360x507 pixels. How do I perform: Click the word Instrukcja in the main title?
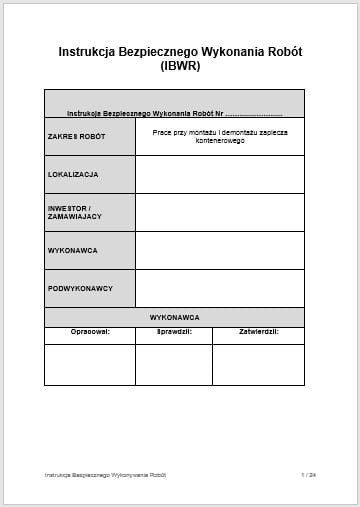tap(87, 51)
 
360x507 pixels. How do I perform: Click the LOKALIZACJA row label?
tap(73, 174)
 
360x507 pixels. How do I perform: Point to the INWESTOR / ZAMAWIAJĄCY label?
tap(75, 212)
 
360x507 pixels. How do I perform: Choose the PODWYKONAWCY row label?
tap(80, 288)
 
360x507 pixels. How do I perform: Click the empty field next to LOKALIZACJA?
tap(219, 174)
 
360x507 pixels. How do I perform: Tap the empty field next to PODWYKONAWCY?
tap(219, 288)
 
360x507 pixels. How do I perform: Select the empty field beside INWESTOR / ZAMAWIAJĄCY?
tap(219, 212)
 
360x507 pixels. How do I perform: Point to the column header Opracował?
tap(90, 330)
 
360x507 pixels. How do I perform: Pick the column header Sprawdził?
tap(174, 330)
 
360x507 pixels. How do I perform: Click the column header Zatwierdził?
tap(258, 330)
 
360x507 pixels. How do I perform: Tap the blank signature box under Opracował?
tap(90, 364)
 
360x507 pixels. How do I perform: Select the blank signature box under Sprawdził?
tap(174, 364)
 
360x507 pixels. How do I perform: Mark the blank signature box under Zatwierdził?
tap(258, 364)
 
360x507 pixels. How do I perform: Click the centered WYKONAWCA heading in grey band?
tap(174, 317)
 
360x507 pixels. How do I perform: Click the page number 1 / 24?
tap(307, 474)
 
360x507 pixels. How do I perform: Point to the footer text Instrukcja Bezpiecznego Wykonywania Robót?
tap(105, 474)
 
